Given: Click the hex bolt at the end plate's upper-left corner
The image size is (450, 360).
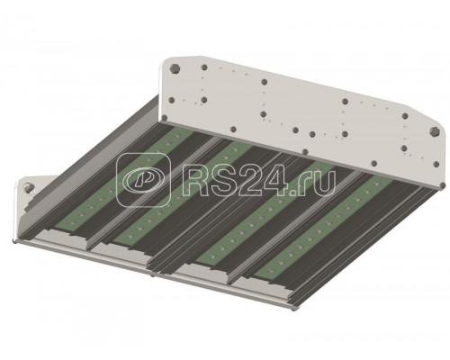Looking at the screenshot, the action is (175, 69).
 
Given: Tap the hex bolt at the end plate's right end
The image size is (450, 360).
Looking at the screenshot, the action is (434, 131).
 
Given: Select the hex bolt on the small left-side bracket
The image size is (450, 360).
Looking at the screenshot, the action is (29, 187).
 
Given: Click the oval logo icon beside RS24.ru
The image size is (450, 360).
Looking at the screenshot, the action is (143, 180).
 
